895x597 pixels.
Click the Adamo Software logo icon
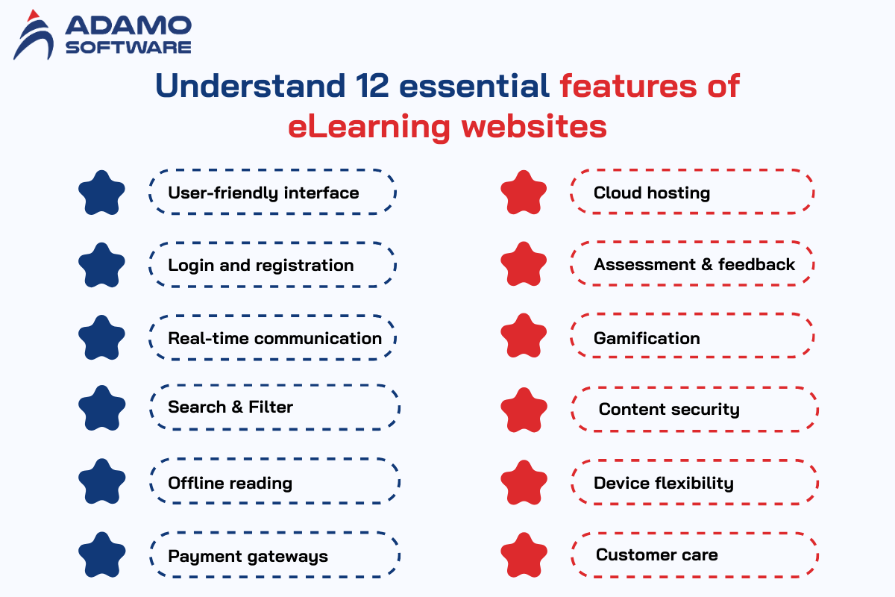click(34, 35)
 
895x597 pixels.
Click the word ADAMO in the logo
click(128, 25)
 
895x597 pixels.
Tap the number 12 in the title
click(372, 86)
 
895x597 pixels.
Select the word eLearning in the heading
click(369, 127)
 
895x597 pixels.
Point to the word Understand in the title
click(250, 86)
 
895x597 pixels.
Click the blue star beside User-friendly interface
click(101, 193)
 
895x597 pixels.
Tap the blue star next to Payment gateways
click(102, 555)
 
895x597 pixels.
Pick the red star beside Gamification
click(524, 336)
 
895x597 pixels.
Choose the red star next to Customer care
click(524, 555)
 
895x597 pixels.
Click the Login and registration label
click(261, 266)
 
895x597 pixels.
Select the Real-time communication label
click(275, 338)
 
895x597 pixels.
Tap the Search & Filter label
click(230, 407)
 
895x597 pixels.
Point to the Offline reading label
click(230, 484)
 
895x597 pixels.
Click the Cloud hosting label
click(652, 193)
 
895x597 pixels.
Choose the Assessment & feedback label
click(694, 265)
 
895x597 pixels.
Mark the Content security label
click(669, 410)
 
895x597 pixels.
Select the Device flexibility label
click(664, 484)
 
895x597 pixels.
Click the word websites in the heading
click(534, 126)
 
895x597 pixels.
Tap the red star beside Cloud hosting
click(524, 193)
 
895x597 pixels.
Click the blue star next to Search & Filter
click(102, 408)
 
